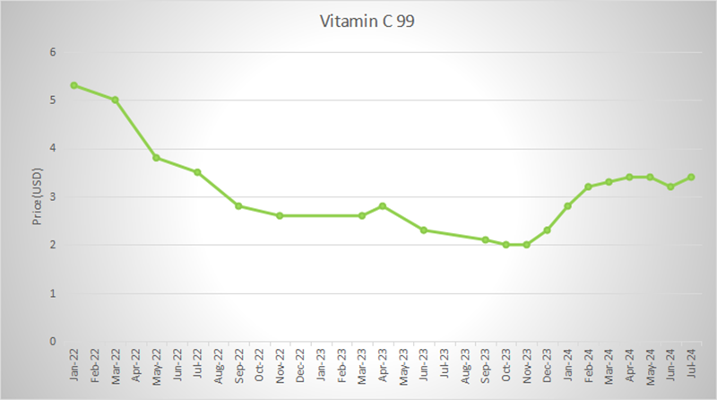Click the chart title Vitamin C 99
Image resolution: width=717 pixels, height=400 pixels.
point(358,22)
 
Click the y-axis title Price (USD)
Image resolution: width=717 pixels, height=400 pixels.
point(38,196)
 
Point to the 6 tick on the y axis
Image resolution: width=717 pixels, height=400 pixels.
point(53,52)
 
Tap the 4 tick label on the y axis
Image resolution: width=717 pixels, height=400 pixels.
point(53,149)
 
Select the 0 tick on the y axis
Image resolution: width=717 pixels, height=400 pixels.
point(53,342)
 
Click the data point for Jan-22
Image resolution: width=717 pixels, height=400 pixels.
point(73,85)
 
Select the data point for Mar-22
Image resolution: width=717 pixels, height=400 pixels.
point(115,100)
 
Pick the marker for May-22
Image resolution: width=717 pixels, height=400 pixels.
point(156,158)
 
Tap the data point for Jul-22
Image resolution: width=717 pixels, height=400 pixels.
point(197,172)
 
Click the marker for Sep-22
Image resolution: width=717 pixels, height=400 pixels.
point(238,206)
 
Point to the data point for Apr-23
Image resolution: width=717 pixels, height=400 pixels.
point(383,206)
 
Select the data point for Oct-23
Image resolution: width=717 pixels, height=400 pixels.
point(506,245)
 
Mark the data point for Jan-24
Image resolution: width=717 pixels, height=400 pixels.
point(568,206)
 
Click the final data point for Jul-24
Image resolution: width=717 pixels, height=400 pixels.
point(691,177)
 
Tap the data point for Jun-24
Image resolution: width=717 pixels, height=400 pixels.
point(670,187)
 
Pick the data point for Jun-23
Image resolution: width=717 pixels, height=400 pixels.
point(424,230)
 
